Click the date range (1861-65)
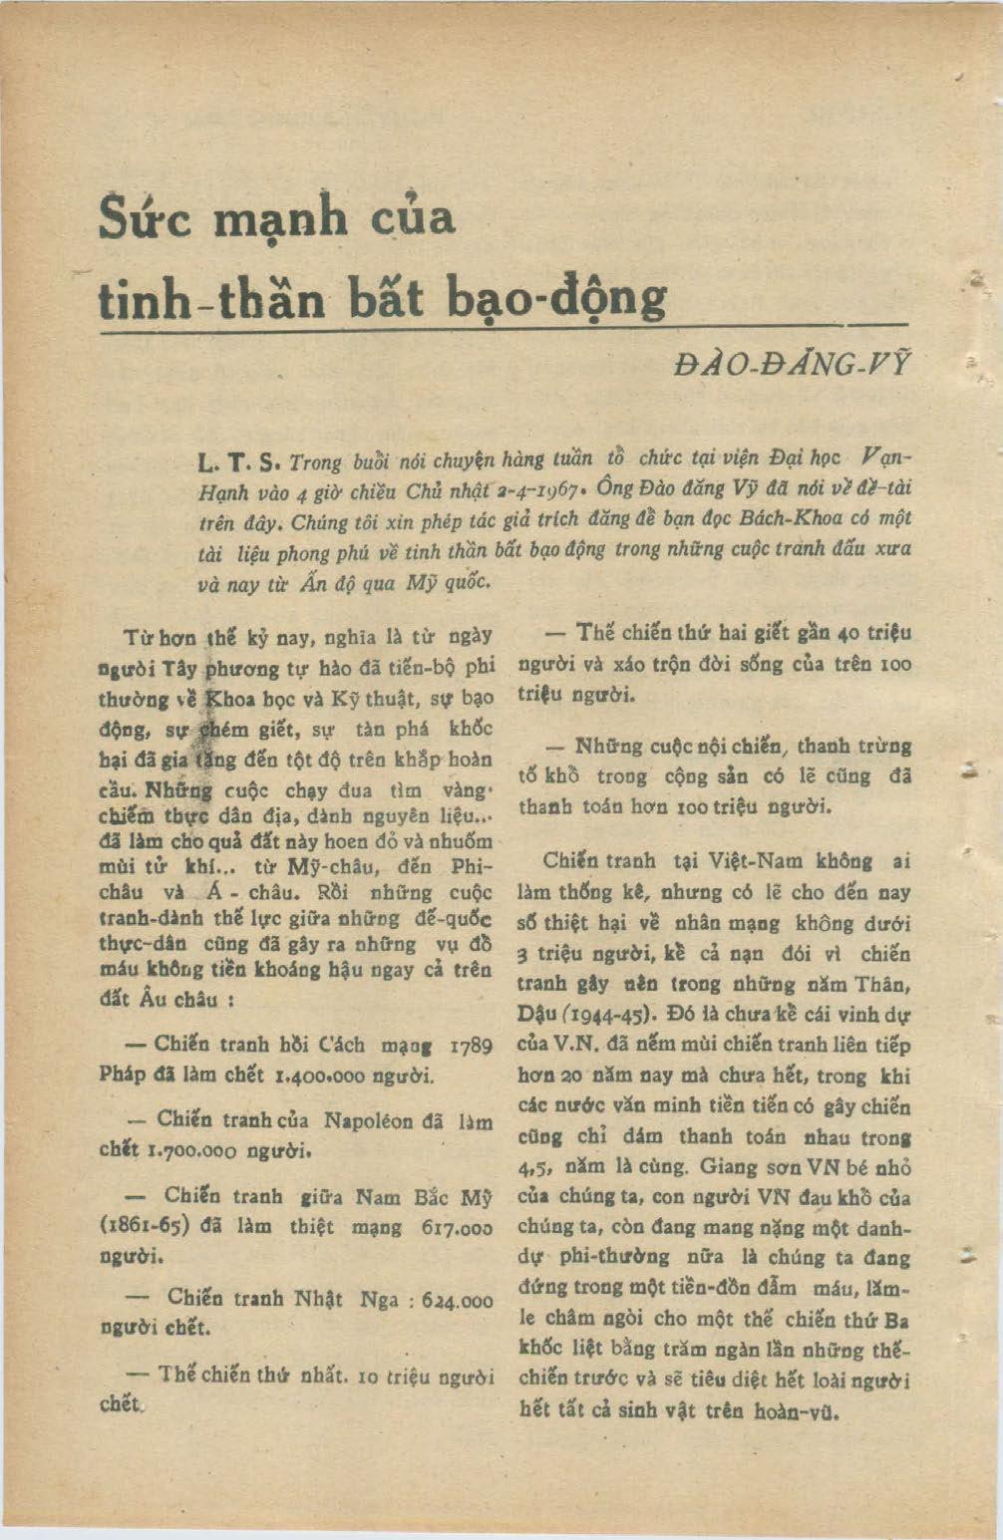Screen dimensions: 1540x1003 tap(146, 1227)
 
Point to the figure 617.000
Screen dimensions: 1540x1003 tap(458, 1227)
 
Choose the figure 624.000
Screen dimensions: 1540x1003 tap(458, 1301)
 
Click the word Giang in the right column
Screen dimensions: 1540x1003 tap(730, 1166)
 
